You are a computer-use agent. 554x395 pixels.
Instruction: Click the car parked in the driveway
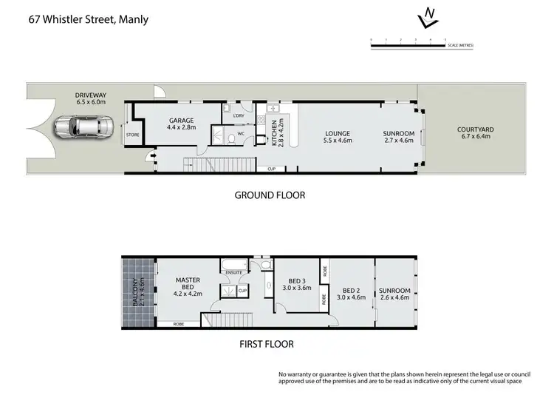(x=83, y=128)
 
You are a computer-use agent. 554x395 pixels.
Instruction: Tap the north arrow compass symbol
(x=425, y=17)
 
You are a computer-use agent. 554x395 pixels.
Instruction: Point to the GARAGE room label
(x=181, y=124)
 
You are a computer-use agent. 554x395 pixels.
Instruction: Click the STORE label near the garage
(x=133, y=135)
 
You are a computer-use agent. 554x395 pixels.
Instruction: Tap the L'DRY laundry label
(x=239, y=116)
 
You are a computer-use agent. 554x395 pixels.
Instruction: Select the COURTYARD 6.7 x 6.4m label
(x=475, y=132)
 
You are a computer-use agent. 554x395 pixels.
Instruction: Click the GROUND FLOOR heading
(x=270, y=195)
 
